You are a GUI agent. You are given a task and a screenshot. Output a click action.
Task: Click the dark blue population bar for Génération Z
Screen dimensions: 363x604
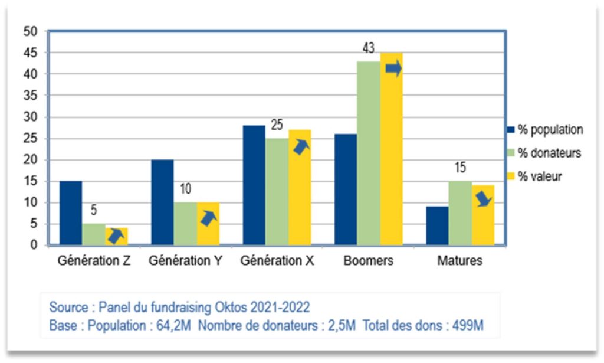71,213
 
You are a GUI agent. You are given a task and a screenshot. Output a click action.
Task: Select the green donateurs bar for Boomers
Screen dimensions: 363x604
369,153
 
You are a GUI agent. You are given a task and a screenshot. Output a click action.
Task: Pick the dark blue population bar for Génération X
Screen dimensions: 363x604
254,185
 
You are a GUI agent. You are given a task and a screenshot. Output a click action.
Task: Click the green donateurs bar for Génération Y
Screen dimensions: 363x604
185,224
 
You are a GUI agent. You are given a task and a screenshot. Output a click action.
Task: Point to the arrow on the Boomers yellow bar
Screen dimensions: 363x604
393,69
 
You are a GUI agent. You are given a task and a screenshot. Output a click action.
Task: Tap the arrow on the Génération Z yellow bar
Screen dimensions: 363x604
117,236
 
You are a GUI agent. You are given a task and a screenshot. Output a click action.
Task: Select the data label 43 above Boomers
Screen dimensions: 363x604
369,49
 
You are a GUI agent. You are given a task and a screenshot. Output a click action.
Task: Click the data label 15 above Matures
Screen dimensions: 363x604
460,168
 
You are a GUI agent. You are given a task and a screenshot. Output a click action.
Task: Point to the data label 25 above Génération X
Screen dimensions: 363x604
277,125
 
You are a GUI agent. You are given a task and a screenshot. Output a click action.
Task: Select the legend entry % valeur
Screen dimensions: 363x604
539,176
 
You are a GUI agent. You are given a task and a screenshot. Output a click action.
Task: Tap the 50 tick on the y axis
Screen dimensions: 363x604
30,31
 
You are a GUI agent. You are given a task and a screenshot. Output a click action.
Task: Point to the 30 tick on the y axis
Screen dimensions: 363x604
30,117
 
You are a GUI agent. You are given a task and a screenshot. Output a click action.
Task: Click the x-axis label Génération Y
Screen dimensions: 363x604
185,261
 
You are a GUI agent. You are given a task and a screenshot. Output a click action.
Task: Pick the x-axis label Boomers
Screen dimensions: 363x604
369,261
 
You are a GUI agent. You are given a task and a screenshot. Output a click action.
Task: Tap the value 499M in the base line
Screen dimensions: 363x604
467,325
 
